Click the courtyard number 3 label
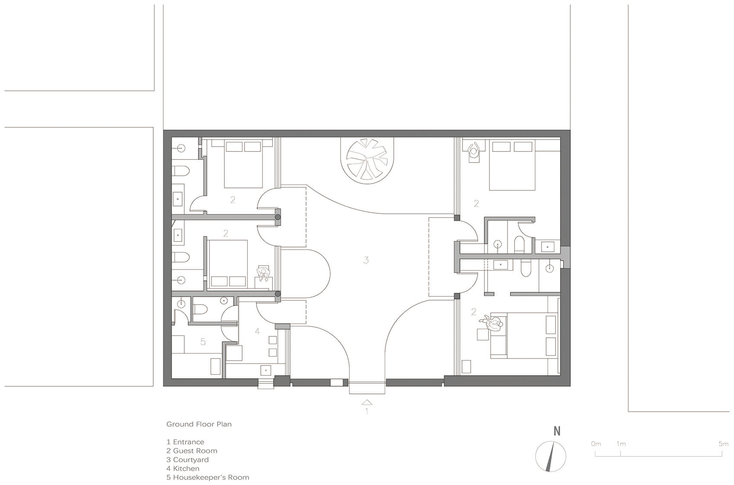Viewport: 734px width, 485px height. (x=366, y=260)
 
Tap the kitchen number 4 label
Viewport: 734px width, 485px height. (x=258, y=331)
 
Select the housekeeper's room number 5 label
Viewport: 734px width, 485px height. (x=203, y=342)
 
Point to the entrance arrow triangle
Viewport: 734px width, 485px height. (x=367, y=403)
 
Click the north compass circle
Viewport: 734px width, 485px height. (x=550, y=456)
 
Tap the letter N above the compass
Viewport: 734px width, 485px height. (x=557, y=431)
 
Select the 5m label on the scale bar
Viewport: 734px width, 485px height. (x=724, y=444)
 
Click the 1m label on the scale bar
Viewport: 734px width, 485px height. (x=621, y=444)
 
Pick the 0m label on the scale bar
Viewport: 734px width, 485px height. (x=596, y=444)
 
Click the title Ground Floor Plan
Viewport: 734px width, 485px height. (x=199, y=424)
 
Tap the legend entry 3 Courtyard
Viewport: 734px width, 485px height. (x=187, y=460)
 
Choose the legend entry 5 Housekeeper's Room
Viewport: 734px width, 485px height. (x=208, y=478)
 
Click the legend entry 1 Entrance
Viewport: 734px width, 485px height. (x=185, y=442)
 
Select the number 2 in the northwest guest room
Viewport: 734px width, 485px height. (x=233, y=200)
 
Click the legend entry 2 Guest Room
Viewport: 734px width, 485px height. (x=192, y=451)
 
